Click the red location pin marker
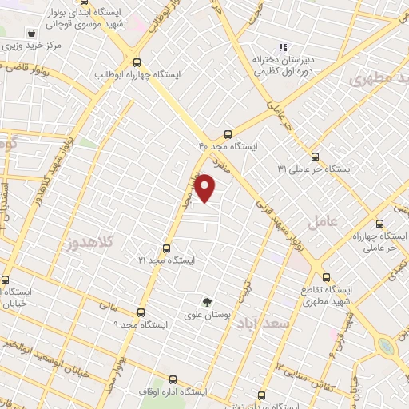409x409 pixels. tap(206, 189)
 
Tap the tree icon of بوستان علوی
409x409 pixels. tap(208, 303)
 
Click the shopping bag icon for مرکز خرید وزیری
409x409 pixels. tap(30, 34)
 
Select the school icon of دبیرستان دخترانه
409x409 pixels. tap(284, 47)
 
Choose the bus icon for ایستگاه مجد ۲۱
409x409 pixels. tap(166, 248)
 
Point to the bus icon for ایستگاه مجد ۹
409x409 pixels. tap(141, 312)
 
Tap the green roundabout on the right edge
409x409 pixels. tap(387, 345)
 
